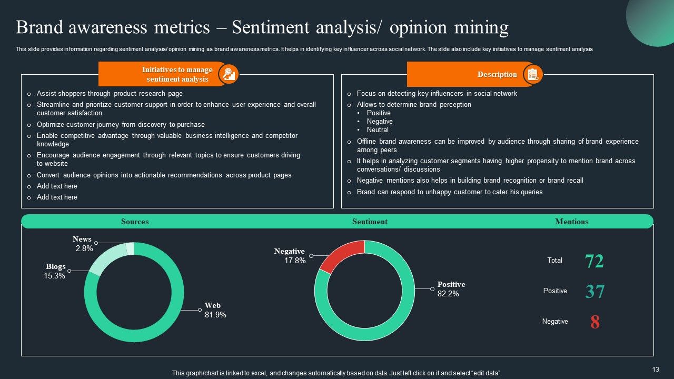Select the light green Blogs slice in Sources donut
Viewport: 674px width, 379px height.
pos(107,258)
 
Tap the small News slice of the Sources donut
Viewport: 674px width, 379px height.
pos(130,249)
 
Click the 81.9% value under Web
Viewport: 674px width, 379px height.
pos(215,315)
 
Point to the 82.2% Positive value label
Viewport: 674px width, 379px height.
pos(448,294)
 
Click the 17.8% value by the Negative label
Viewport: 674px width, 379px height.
pos(295,261)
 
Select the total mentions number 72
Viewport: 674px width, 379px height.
pos(594,261)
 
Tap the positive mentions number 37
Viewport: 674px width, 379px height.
pos(594,292)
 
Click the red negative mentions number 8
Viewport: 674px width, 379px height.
pos(595,322)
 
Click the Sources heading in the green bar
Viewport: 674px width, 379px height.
pos(135,222)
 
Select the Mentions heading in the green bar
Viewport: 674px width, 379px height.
pos(572,222)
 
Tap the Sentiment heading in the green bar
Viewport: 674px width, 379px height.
pos(370,222)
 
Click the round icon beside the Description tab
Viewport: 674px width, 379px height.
pos(533,74)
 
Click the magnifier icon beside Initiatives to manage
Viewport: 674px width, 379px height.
pos(229,74)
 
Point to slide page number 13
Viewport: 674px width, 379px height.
pos(656,369)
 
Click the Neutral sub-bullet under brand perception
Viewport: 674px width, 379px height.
pos(378,129)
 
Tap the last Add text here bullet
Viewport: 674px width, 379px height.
pos(57,197)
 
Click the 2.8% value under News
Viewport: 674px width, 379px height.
pos(84,248)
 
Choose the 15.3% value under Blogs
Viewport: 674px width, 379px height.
pos(54,276)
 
